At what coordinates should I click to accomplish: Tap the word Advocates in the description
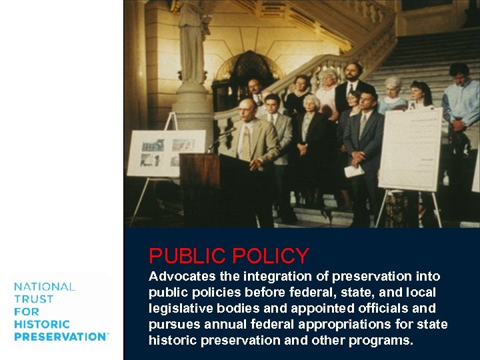[182, 276]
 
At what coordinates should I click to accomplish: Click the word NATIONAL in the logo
[45, 287]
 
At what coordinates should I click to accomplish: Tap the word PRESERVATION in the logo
[60, 337]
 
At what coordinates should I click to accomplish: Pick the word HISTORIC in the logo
[41, 324]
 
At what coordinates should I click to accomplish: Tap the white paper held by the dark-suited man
[354, 170]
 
